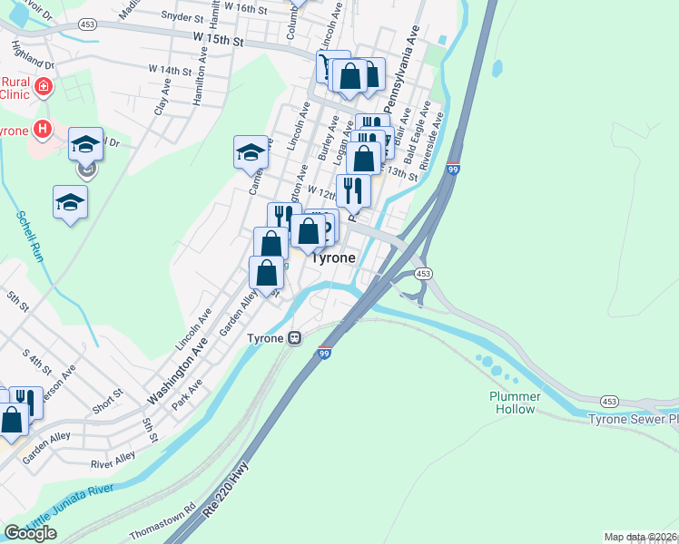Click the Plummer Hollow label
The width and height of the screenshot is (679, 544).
coord(515,403)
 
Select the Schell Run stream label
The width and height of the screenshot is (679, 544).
coord(30,237)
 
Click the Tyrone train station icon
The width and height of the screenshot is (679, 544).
coord(295,338)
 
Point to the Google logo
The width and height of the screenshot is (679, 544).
coord(30,533)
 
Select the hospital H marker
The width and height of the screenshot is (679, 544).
coord(40,129)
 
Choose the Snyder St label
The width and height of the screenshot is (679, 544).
coord(182,16)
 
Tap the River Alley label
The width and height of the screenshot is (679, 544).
coord(113,461)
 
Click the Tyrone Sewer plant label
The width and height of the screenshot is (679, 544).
coord(632,419)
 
